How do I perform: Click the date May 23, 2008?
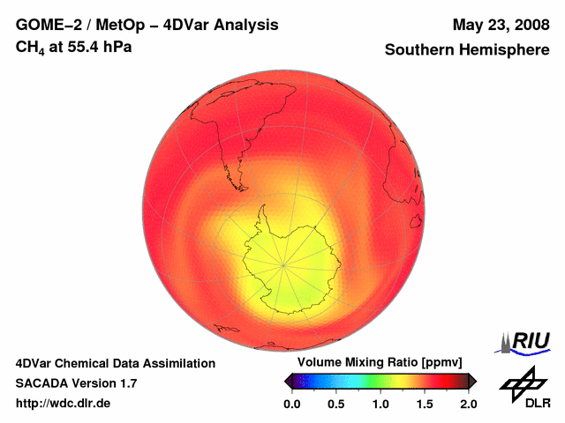(x=500, y=25)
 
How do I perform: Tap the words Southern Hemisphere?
(x=466, y=50)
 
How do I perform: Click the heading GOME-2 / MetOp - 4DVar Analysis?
(x=147, y=25)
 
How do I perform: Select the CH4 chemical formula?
(x=32, y=48)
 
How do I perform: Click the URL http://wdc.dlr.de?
(x=64, y=404)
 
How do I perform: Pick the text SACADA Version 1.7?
(x=76, y=383)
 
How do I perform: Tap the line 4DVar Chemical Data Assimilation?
(x=116, y=363)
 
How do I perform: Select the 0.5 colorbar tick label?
(x=335, y=404)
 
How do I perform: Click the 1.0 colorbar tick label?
(x=380, y=404)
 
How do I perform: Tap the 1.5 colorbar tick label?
(x=425, y=404)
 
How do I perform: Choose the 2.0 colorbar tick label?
(x=468, y=404)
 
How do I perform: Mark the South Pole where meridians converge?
(x=282, y=264)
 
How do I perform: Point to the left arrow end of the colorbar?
(x=289, y=381)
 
